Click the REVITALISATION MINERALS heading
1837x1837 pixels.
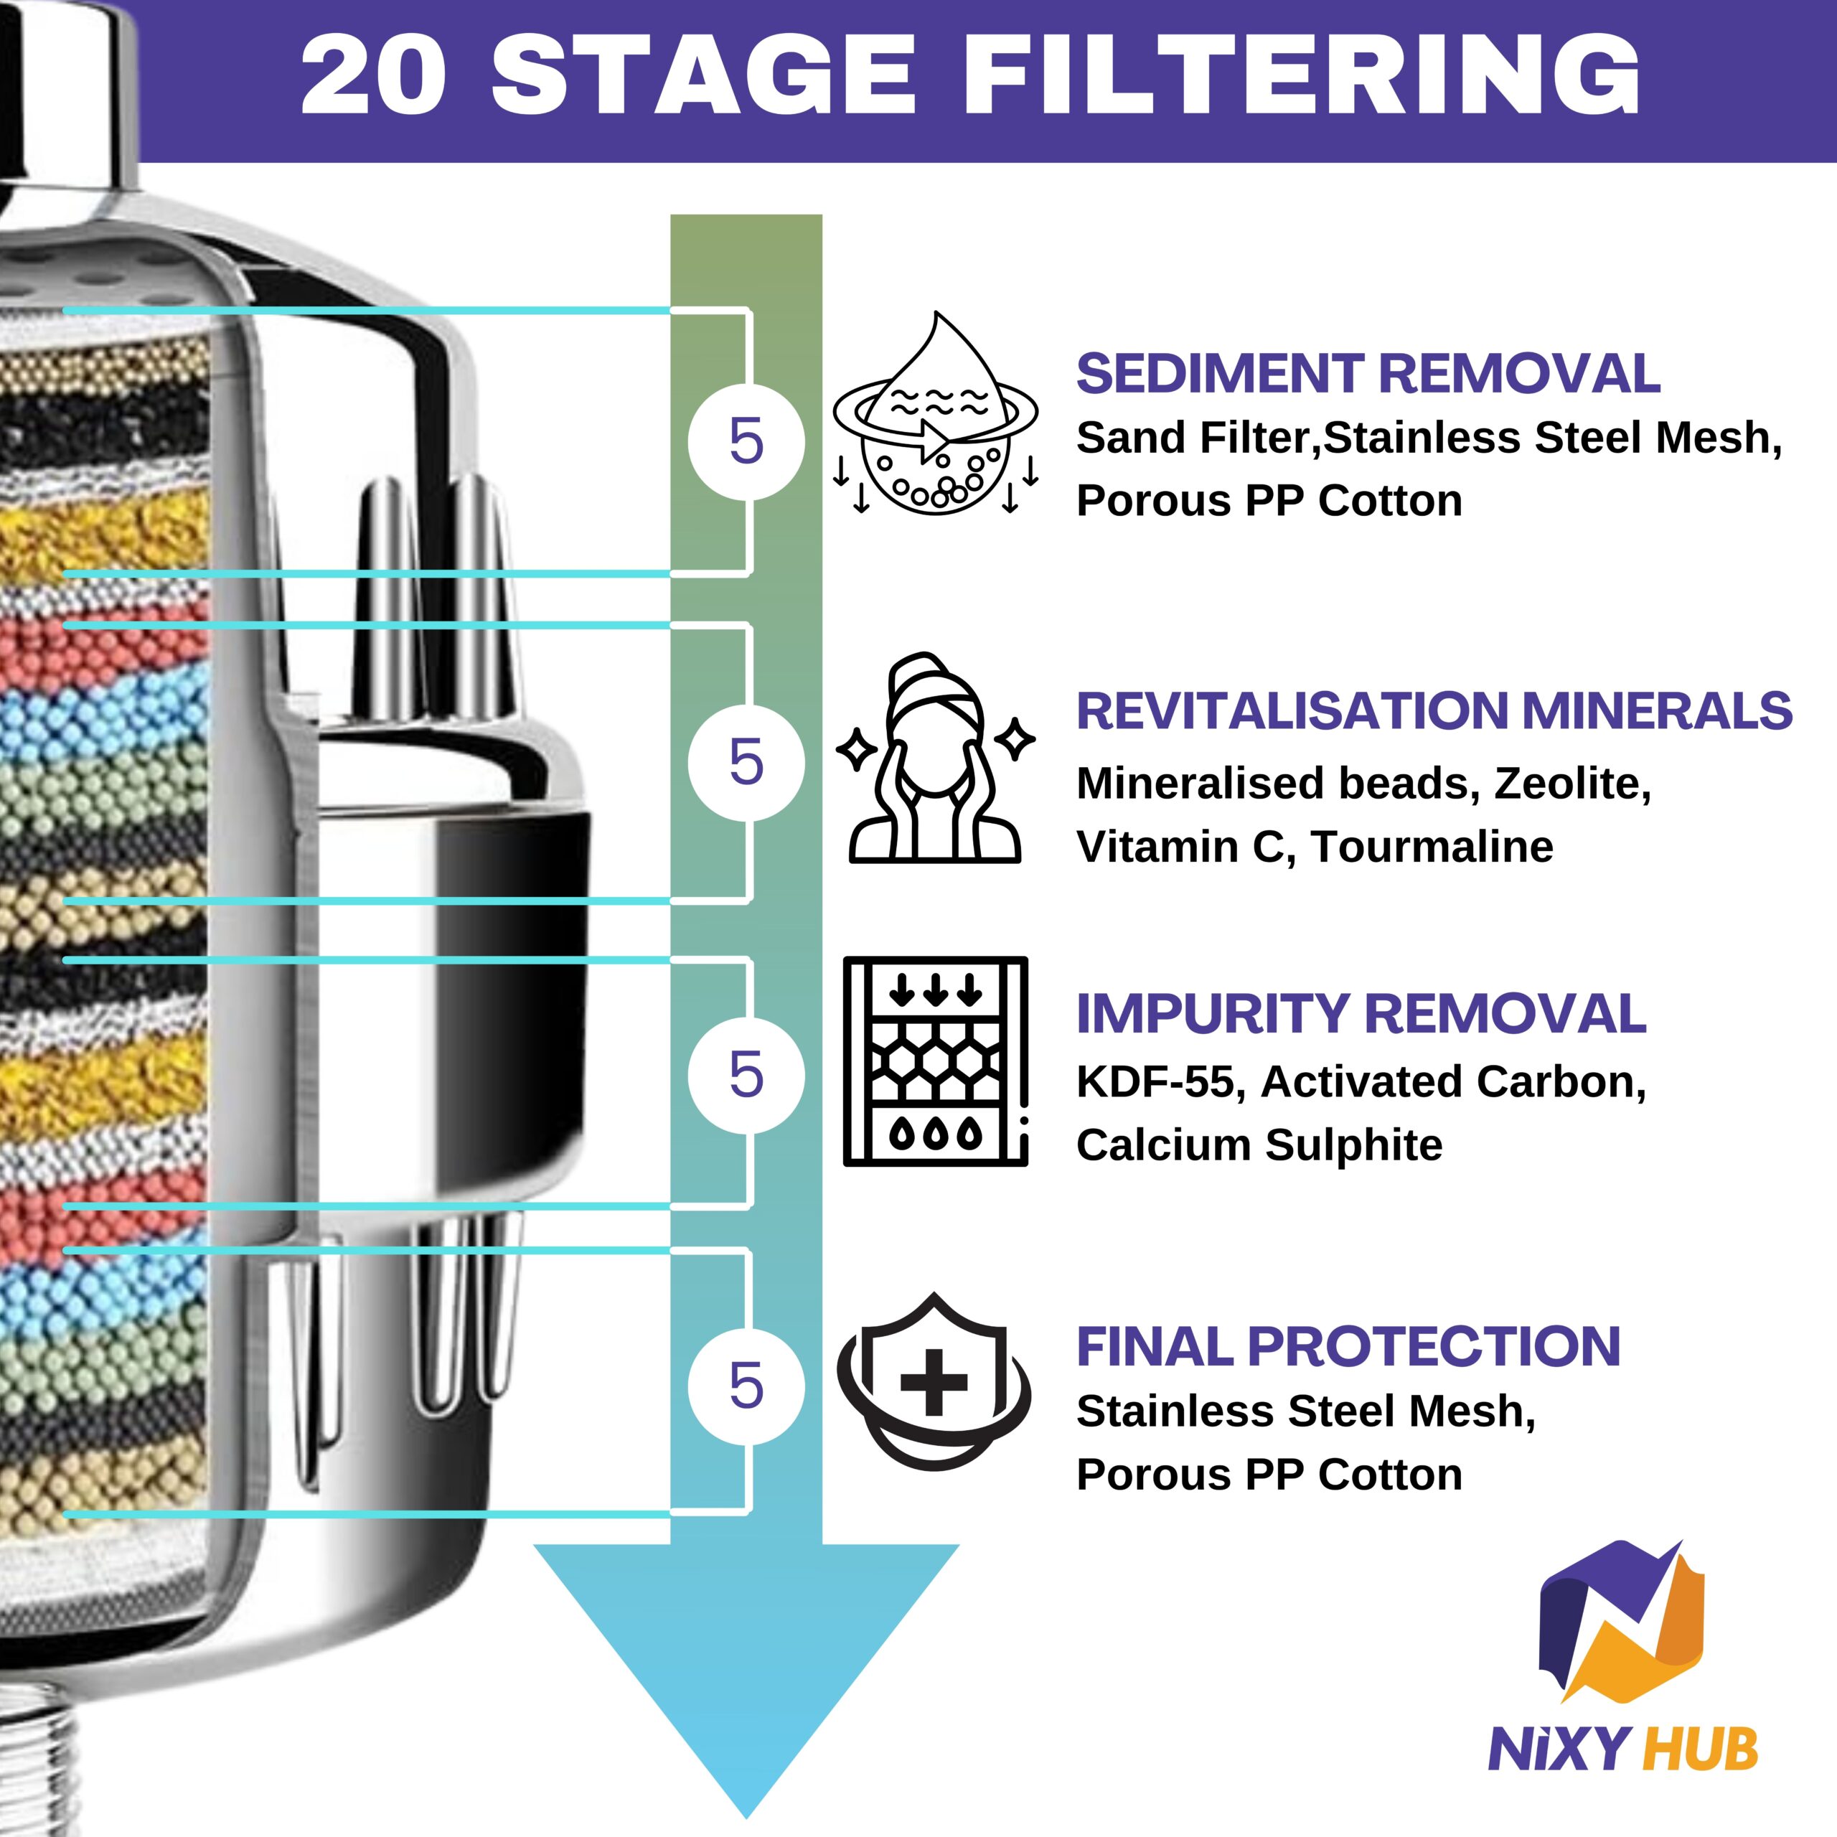click(1434, 710)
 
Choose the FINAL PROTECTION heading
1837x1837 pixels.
click(1348, 1346)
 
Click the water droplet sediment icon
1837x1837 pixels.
click(936, 413)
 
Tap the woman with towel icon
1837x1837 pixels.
click(936, 757)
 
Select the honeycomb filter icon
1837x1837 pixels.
click(936, 1061)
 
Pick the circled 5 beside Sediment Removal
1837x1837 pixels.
click(746, 442)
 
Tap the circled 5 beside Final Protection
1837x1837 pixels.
click(746, 1386)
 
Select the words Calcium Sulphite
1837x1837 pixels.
click(1259, 1145)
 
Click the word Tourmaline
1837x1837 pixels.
click(1432, 846)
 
